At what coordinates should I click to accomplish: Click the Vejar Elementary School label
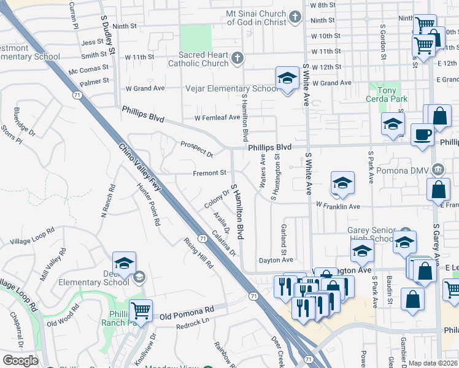point(232,89)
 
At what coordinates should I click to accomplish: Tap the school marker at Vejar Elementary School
point(287,79)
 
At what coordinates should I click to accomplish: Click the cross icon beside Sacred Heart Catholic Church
point(237,59)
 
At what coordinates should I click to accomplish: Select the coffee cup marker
point(422,134)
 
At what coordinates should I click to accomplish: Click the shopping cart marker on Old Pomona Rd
point(141,312)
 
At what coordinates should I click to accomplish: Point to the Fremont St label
point(210,174)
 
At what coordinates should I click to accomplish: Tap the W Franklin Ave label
point(337,207)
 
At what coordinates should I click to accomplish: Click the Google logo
point(20,361)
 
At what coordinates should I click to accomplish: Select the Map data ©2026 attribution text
point(433,363)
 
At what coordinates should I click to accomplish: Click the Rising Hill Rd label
point(198,253)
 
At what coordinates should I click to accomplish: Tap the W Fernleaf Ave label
point(217,118)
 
